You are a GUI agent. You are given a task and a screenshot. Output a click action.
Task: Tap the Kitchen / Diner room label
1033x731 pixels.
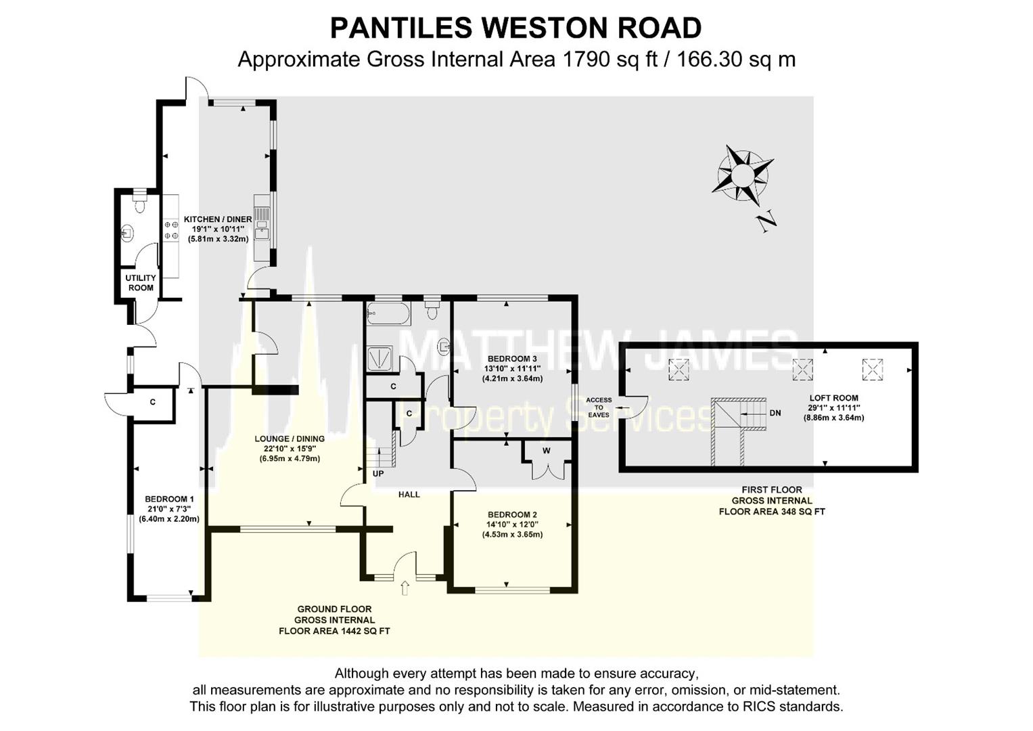click(x=218, y=219)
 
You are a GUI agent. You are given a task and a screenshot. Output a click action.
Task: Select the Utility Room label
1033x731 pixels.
click(x=141, y=283)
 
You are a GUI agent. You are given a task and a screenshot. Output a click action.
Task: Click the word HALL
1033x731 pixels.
click(x=409, y=495)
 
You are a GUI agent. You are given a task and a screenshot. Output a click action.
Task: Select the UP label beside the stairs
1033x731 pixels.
click(x=378, y=474)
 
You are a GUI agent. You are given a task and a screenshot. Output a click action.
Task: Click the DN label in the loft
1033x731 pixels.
click(x=775, y=413)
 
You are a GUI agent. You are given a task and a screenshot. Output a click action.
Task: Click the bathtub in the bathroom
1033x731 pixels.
click(x=388, y=314)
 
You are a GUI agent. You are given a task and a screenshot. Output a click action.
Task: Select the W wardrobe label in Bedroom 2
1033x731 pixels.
click(x=547, y=451)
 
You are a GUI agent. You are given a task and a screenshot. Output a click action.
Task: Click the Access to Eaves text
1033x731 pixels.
click(x=599, y=407)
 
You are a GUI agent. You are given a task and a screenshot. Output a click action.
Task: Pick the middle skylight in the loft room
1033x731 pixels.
click(x=803, y=369)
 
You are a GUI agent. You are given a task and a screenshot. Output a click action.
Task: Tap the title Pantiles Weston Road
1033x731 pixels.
click(x=515, y=28)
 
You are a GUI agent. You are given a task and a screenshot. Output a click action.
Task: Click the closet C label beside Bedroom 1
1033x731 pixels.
click(x=153, y=402)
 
